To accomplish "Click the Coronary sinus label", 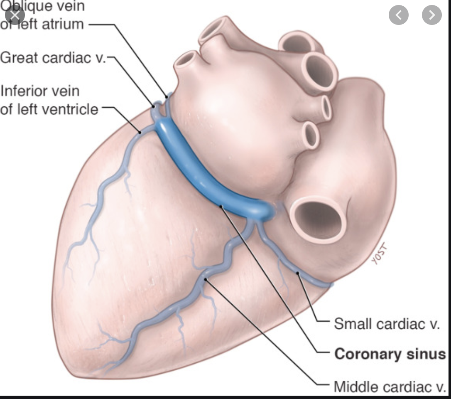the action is tap(390, 355).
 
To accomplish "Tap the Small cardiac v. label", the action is tap(387, 324).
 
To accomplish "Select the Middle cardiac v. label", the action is tap(390, 387).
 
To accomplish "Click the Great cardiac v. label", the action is tap(53, 57).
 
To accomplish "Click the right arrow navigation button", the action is tap(431, 16).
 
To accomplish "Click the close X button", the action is tap(15, 16).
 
